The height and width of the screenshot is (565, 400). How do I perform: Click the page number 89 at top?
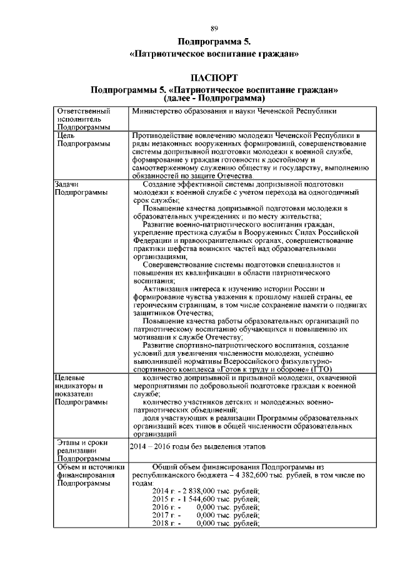point(214,29)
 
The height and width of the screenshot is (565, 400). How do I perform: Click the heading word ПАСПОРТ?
point(214,78)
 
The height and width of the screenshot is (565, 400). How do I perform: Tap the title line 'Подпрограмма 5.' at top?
point(214,42)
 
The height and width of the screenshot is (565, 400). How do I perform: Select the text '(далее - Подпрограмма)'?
point(214,99)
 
